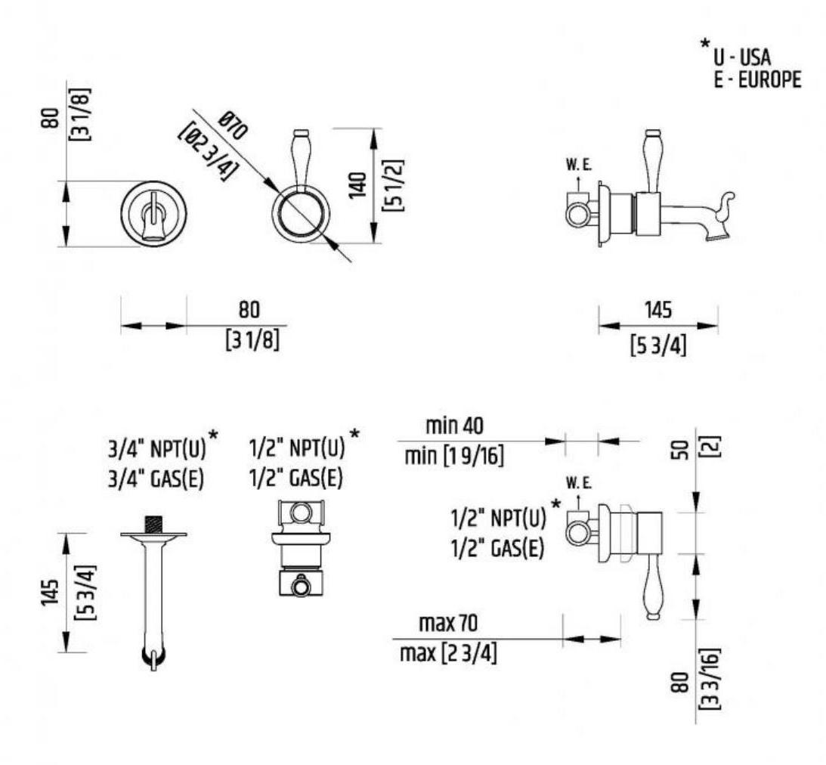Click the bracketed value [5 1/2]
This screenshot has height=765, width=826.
tap(393, 184)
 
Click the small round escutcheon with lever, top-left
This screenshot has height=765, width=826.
tap(154, 212)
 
